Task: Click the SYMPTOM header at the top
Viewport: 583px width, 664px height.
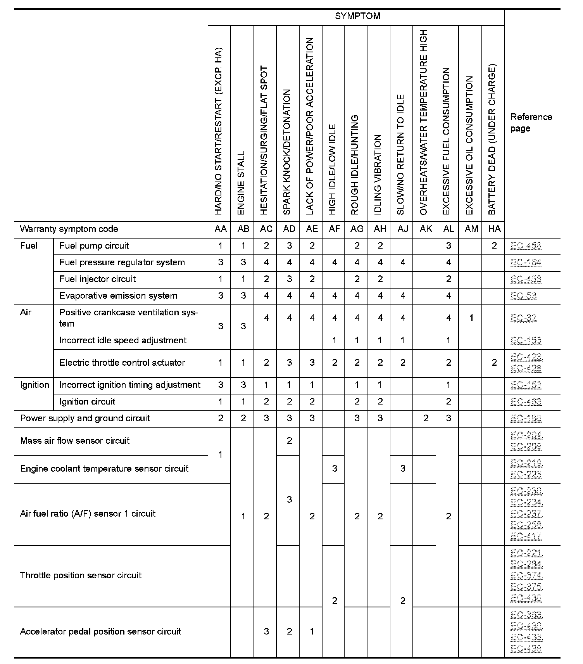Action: pyautogui.click(x=357, y=16)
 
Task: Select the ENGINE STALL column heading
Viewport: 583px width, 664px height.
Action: pyautogui.click(x=241, y=183)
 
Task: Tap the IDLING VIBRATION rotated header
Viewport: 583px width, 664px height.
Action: pyautogui.click(x=378, y=175)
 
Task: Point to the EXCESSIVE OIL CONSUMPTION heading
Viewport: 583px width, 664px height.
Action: pyautogui.click(x=469, y=145)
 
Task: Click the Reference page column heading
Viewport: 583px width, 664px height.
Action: pyautogui.click(x=531, y=123)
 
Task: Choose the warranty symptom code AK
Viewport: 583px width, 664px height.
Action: pyautogui.click(x=426, y=229)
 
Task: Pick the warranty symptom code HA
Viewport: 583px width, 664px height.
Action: pyautogui.click(x=494, y=229)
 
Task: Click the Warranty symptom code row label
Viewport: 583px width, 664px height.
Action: pyautogui.click(x=69, y=229)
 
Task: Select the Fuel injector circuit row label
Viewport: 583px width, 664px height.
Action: pyautogui.click(x=98, y=279)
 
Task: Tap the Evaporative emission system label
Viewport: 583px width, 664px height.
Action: pyautogui.click(x=118, y=296)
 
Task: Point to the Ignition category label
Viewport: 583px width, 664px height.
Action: pyautogui.click(x=34, y=385)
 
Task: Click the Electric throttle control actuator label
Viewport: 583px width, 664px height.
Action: pyautogui.click(x=122, y=363)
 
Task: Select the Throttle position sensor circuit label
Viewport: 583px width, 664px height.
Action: pyautogui.click(x=81, y=576)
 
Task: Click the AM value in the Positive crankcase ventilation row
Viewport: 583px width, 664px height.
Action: pyautogui.click(x=471, y=318)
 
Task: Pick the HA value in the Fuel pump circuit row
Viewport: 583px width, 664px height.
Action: pyautogui.click(x=494, y=246)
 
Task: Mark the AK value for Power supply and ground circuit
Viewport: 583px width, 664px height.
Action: pyautogui.click(x=426, y=418)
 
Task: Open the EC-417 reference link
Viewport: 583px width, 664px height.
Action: pyautogui.click(x=526, y=536)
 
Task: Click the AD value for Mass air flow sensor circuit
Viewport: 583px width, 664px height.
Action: pyautogui.click(x=289, y=441)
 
